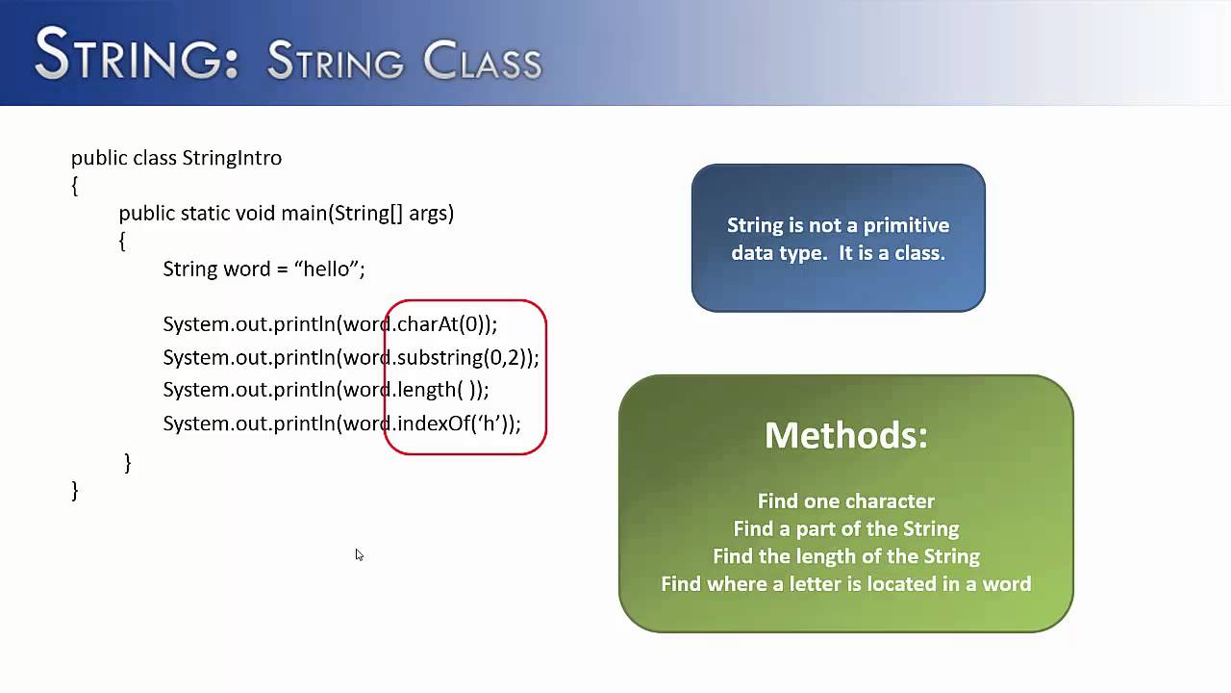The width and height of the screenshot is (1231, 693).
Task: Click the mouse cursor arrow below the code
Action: [x=359, y=554]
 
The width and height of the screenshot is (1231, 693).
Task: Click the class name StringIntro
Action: [x=232, y=158]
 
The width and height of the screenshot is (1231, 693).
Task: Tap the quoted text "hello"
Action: [x=326, y=269]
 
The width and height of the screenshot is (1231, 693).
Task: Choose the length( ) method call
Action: [x=433, y=390]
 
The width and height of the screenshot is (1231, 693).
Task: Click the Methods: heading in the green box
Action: [x=845, y=435]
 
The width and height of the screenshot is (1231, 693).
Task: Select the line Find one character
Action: [x=845, y=501]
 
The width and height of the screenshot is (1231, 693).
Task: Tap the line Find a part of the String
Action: [x=845, y=528]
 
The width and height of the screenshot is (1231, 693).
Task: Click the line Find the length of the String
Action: [x=845, y=556]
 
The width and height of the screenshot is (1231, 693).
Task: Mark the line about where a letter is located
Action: [x=845, y=584]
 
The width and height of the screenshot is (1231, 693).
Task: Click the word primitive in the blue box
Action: [x=905, y=225]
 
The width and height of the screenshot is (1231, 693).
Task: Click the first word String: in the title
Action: [x=136, y=56]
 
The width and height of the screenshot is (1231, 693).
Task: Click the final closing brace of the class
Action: [x=75, y=491]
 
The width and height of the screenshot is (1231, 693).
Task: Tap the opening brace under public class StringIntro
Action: [x=75, y=185]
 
